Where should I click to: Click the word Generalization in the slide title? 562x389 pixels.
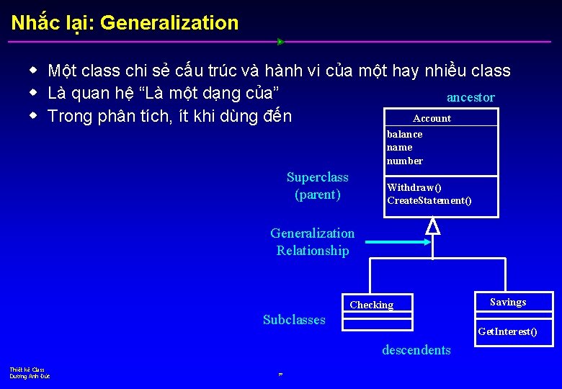[x=169, y=23]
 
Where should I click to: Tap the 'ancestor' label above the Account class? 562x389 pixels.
[x=470, y=97]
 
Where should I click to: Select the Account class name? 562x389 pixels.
[x=432, y=118]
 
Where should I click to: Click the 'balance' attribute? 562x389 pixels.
[x=405, y=134]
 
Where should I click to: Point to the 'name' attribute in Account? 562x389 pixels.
[x=400, y=147]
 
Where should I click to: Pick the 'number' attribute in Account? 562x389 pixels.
[x=405, y=161]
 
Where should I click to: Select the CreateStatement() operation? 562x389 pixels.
[x=429, y=200]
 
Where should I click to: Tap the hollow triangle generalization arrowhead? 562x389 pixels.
[x=432, y=226]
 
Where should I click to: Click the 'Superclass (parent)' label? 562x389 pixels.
[x=317, y=186]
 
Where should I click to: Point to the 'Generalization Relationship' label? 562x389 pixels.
[x=312, y=242]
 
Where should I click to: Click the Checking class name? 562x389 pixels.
[x=372, y=305]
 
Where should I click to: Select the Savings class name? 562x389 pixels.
[x=508, y=302]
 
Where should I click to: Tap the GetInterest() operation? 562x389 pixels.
[x=507, y=331]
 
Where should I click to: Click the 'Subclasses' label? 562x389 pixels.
[x=294, y=320]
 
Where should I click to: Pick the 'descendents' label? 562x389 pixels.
[x=416, y=350]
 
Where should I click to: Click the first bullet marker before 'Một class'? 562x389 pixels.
[x=33, y=71]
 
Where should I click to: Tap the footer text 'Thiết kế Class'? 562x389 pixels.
[x=27, y=370]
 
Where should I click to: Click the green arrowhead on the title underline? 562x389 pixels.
[x=281, y=42]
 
